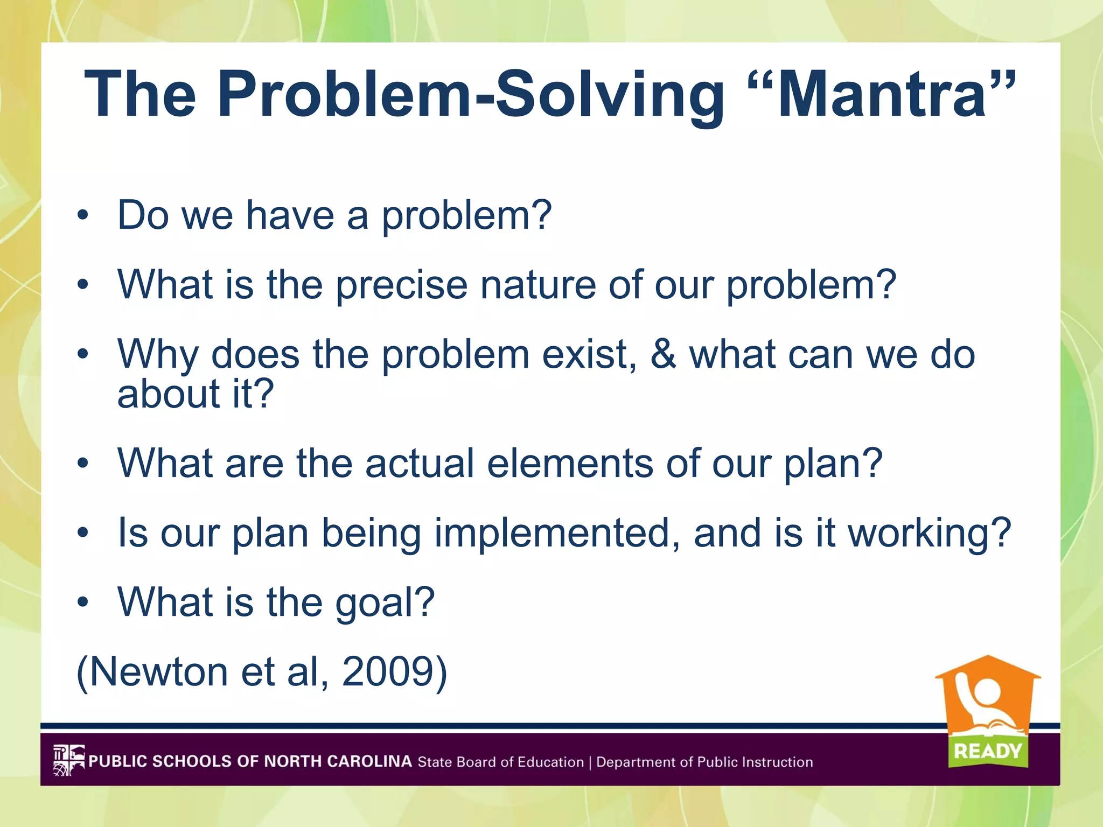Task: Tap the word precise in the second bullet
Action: tap(402, 285)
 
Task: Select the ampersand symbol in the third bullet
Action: tap(663, 354)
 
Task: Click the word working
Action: tap(930, 533)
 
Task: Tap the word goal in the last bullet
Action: tap(385, 603)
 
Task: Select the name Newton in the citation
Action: tap(158, 672)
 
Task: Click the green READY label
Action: tap(988, 751)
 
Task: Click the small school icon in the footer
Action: tap(69, 760)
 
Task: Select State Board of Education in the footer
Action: tap(500, 762)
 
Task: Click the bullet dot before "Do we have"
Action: tap(82, 215)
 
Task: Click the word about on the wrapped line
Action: tap(168, 394)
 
